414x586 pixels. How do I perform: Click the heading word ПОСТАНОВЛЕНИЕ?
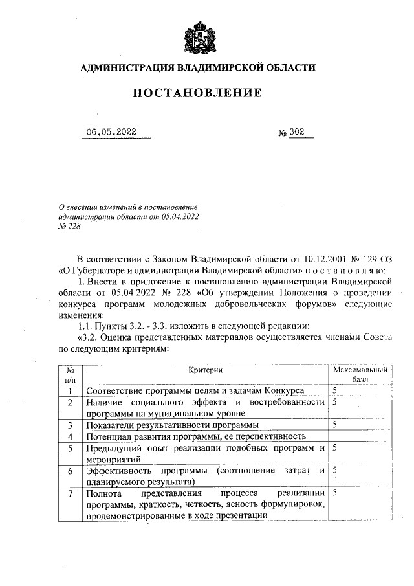197,93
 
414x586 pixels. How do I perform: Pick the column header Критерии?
206,370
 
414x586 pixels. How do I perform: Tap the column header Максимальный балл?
359,375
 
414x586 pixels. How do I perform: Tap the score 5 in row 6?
336,471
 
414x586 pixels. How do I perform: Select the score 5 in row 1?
336,391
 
